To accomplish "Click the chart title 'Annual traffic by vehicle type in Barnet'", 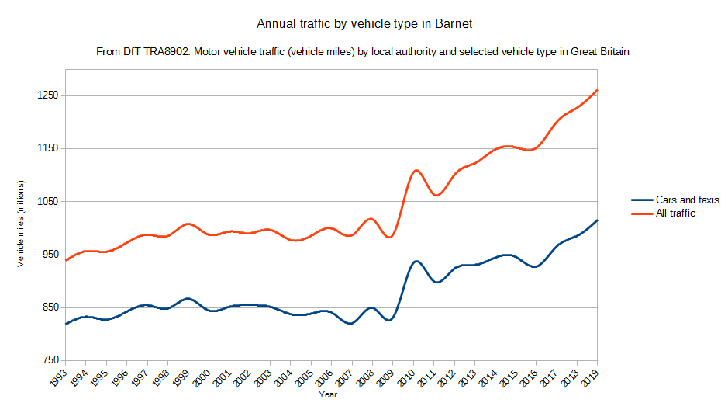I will point(364,24).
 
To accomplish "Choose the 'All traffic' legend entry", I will point(675,213).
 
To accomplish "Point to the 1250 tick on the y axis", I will point(48,95).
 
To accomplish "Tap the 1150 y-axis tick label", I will point(48,148).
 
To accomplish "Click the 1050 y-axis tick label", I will point(48,201).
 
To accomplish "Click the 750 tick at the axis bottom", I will point(50,360).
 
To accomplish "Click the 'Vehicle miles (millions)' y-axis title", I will point(22,222).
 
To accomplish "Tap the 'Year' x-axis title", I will point(328,394).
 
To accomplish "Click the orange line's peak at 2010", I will point(416,170).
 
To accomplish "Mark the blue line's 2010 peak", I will point(416,261).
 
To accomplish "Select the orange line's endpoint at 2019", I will point(597,90).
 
